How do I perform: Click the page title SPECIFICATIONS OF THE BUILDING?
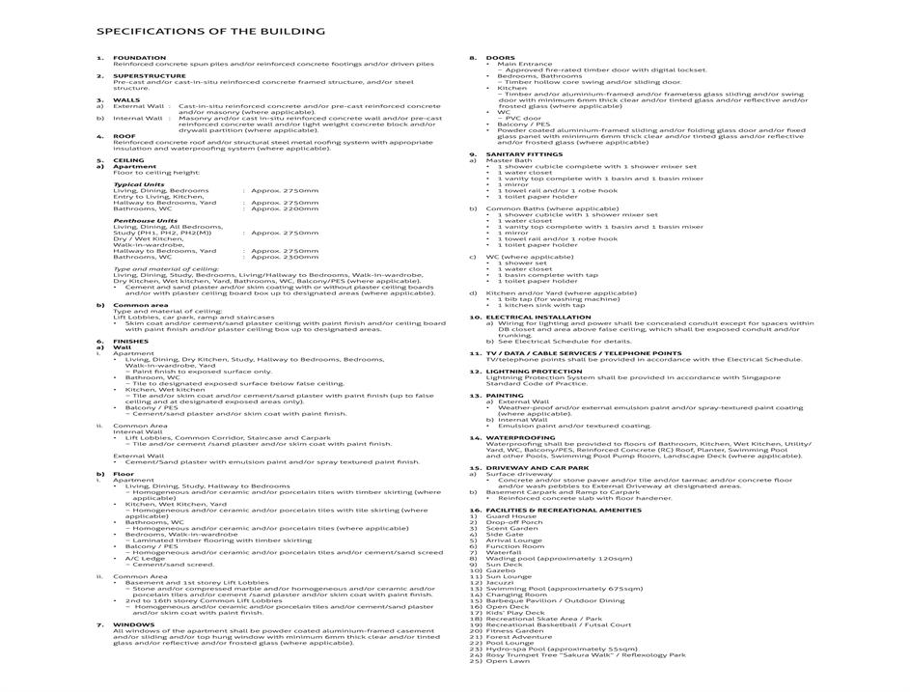coord(210,31)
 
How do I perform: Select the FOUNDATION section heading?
coord(140,57)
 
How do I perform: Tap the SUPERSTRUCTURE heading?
coord(150,75)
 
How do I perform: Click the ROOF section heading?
coord(124,136)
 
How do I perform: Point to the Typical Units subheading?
coord(138,183)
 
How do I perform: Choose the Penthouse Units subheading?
coord(145,220)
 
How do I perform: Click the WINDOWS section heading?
coord(134,623)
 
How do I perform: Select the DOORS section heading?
coord(500,57)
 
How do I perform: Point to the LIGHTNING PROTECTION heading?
coord(534,371)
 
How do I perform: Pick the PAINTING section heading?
coord(505,395)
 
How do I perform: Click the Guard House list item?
coord(510,516)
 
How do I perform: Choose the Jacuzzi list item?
coord(500,582)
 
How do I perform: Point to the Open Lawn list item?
coord(508,661)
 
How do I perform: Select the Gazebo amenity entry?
coord(500,570)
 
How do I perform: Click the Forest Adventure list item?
coord(519,637)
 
